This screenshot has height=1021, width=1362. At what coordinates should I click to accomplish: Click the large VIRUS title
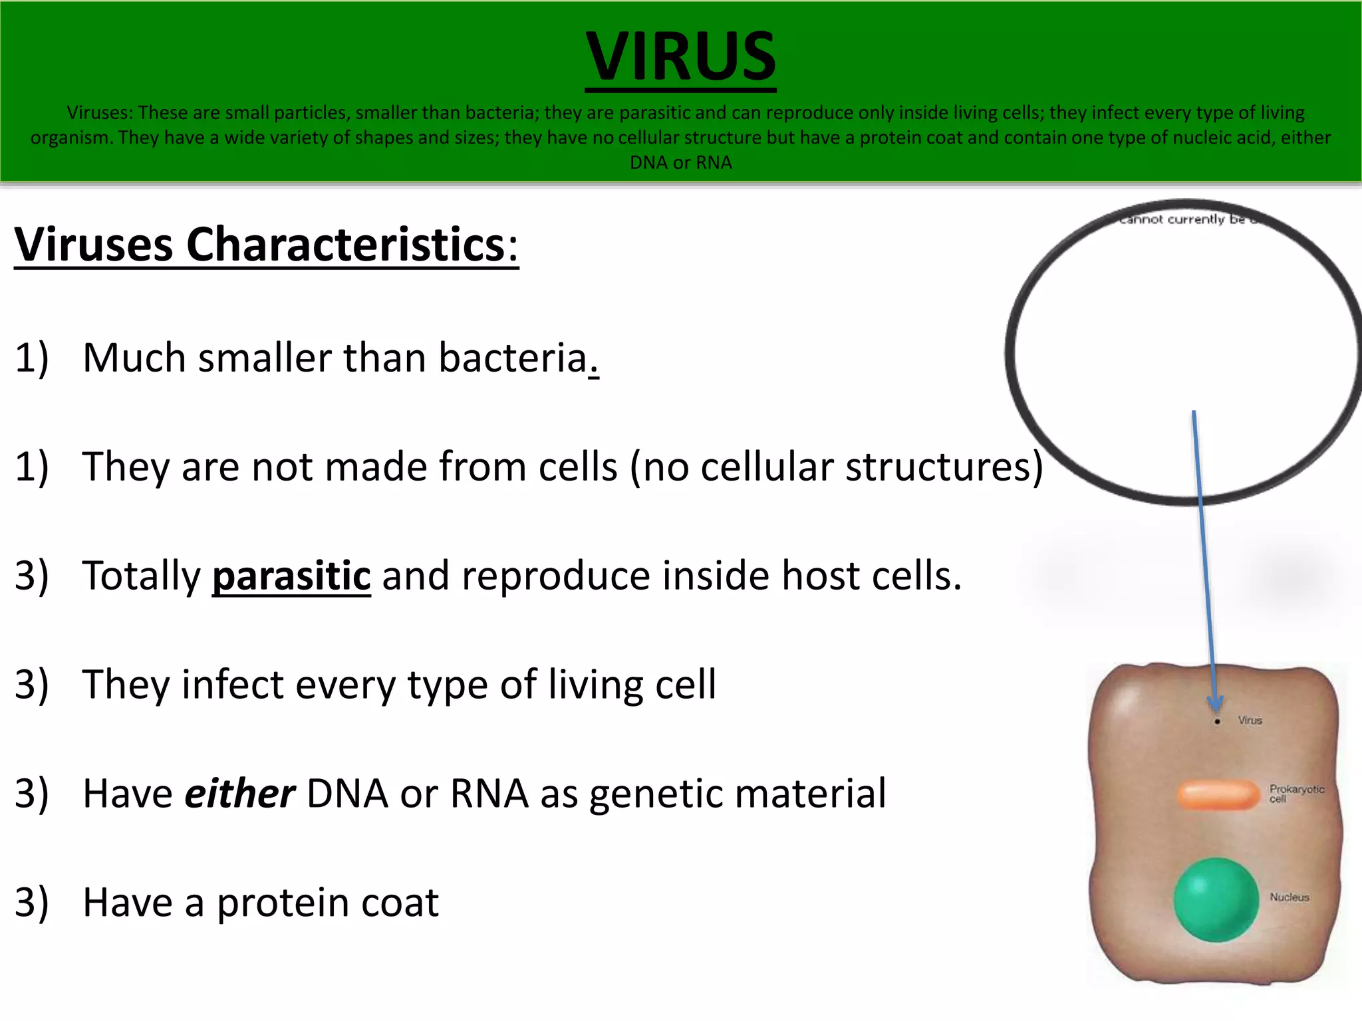point(680,57)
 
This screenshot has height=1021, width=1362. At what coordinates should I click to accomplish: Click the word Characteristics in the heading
point(346,245)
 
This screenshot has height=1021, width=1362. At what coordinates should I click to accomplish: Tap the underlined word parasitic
point(291,576)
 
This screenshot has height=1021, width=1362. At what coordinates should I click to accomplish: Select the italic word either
point(239,794)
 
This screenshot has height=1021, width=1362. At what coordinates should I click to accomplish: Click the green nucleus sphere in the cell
point(1216,899)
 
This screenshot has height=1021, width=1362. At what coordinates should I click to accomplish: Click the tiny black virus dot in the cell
point(1217,721)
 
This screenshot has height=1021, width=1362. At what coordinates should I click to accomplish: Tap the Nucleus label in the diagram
point(1289,897)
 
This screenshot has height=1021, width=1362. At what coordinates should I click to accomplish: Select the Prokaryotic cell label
point(1296,793)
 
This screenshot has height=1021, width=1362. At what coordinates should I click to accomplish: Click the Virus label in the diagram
point(1250,720)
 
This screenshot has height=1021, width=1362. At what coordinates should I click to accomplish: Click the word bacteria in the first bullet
point(513,358)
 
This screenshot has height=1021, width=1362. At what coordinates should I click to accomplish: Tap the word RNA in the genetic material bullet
point(489,794)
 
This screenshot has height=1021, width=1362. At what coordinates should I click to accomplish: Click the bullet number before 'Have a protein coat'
point(31,903)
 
